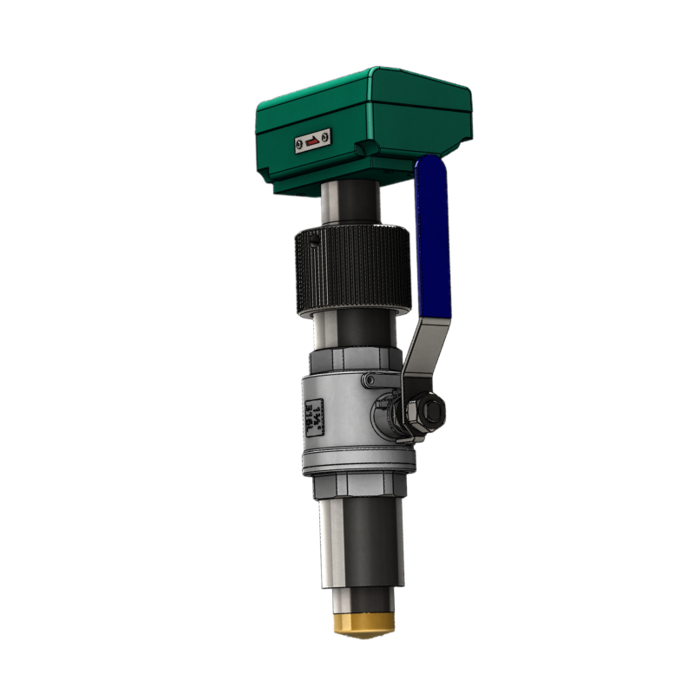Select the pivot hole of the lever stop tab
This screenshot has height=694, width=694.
[x=371, y=381]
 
